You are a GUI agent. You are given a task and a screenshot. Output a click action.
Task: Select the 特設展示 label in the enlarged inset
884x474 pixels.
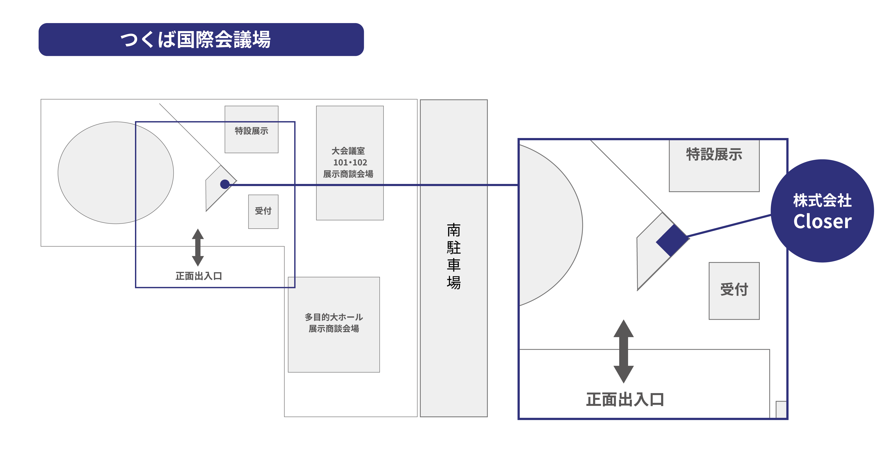coord(714,154)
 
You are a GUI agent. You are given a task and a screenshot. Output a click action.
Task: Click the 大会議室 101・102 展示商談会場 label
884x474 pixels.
coord(349,162)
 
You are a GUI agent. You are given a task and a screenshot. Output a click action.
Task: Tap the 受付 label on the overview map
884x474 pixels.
coord(263,211)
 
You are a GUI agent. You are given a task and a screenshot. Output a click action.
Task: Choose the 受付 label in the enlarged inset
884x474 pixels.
coord(734,289)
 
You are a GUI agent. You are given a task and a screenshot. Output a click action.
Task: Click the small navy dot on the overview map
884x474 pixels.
coord(225,184)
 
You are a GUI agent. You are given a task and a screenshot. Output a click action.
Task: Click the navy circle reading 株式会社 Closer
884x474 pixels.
coord(822,211)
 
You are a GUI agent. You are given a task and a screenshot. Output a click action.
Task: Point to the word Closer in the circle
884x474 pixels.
coord(822,221)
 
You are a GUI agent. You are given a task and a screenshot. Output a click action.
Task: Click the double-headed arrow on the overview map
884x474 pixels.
coord(198,247)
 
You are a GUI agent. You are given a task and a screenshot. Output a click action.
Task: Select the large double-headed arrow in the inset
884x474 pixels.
coord(624,351)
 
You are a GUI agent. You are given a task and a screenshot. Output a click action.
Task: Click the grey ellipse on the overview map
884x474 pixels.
coord(116,173)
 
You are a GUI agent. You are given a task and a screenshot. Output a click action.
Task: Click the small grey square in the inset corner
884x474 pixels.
coord(781,409)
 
